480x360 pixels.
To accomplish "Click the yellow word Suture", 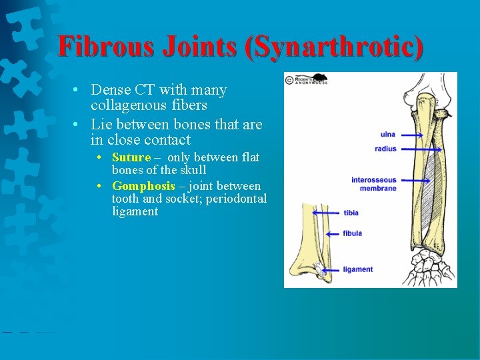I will point(131,157).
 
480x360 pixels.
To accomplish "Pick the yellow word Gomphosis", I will point(143,186).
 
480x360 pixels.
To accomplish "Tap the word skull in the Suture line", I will point(191,170).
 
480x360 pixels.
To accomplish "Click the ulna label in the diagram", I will point(387,135).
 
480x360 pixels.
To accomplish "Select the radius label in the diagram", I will point(385,149).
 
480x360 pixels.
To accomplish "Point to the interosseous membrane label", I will point(374,184).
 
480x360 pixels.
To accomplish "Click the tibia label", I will point(351,213).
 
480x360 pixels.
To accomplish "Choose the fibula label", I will point(352,233).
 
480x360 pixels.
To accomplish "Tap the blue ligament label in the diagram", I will point(357,269).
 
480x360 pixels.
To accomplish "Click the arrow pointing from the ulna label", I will point(411,135).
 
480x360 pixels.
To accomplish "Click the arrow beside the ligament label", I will point(331,269).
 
